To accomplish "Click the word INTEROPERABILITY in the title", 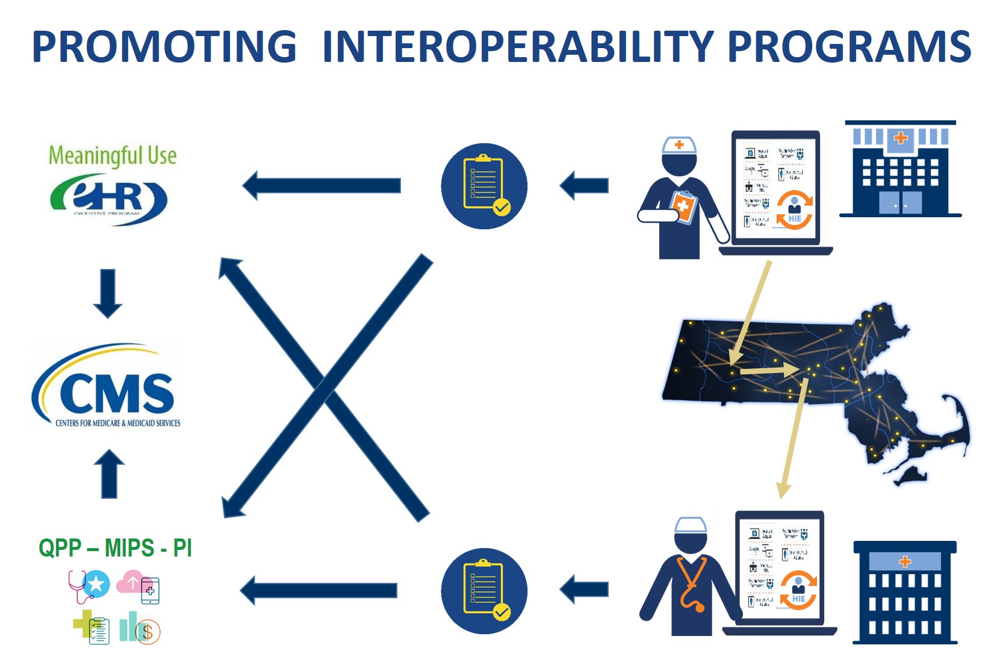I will pyautogui.click(x=518, y=46).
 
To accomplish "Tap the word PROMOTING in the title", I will pyautogui.click(x=164, y=46).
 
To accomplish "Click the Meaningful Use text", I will pyautogui.click(x=113, y=155).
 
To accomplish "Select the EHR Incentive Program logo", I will pyautogui.click(x=108, y=199).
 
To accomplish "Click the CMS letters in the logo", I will pyautogui.click(x=117, y=393).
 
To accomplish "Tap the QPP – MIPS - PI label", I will pyautogui.click(x=115, y=548).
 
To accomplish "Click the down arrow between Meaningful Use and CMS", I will pyautogui.click(x=108, y=293).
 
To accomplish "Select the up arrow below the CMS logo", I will pyautogui.click(x=109, y=474).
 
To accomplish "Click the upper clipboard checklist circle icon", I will pyautogui.click(x=484, y=186).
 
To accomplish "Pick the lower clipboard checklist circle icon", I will pyautogui.click(x=484, y=591).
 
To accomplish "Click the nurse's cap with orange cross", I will pyautogui.click(x=679, y=145).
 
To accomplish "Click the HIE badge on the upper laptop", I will pyautogui.click(x=794, y=211).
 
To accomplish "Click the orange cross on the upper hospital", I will pyautogui.click(x=901, y=138).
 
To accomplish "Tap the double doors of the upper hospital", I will pyautogui.click(x=900, y=203).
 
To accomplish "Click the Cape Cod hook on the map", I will pyautogui.click(x=957, y=421).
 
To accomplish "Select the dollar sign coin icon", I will pyautogui.click(x=148, y=632).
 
